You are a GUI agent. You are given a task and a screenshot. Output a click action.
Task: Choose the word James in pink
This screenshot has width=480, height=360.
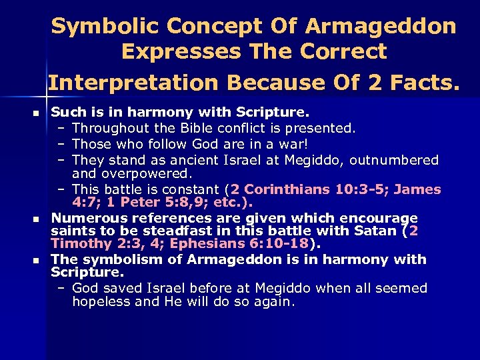[417, 189]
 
